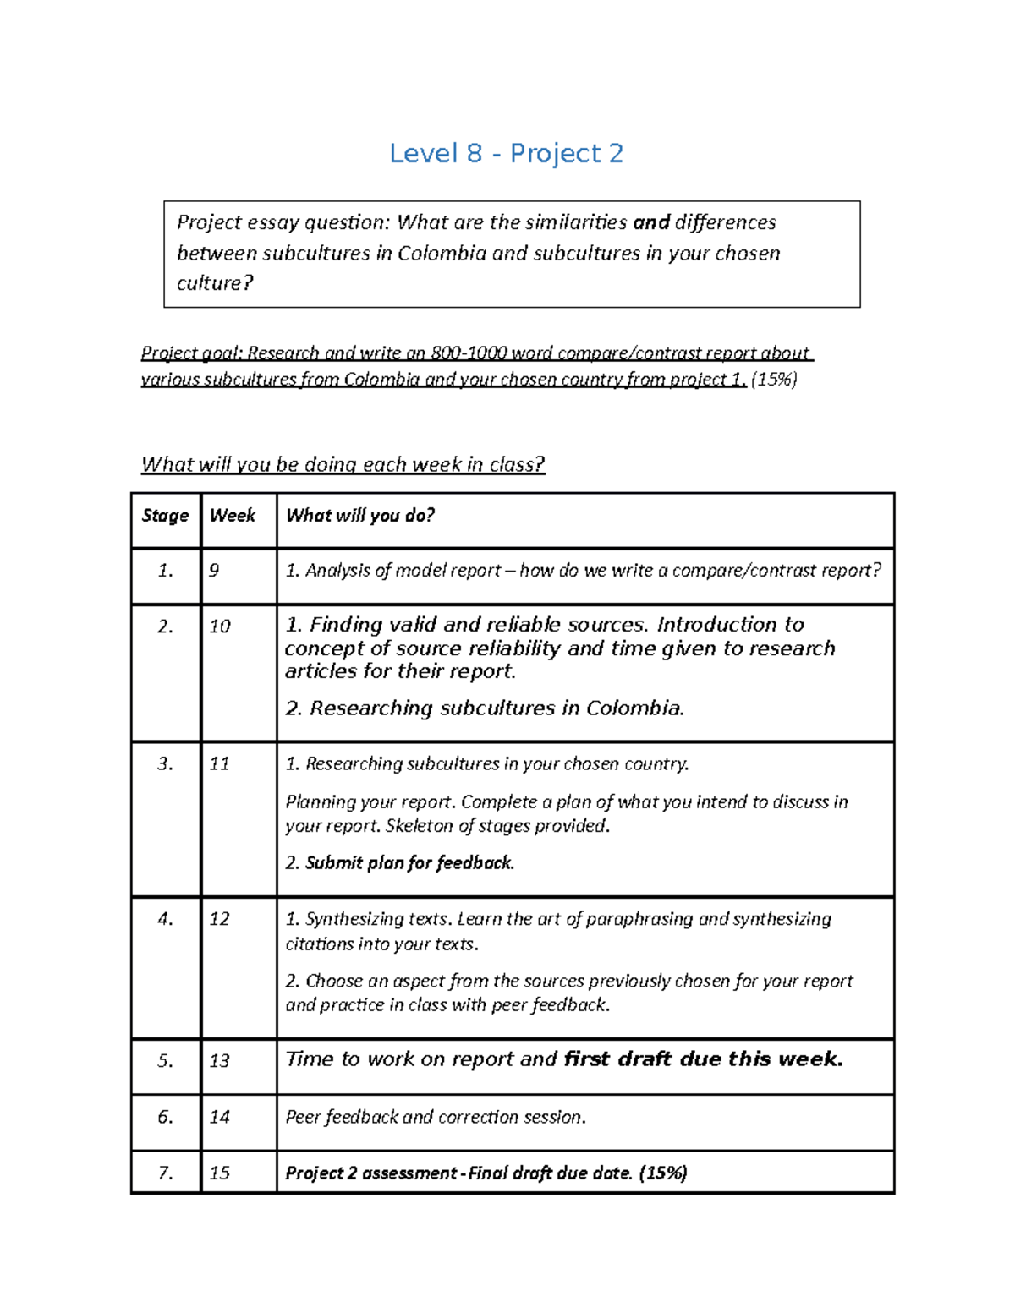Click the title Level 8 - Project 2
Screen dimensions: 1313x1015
pyautogui.click(x=506, y=154)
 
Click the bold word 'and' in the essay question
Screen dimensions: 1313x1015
pyautogui.click(x=650, y=222)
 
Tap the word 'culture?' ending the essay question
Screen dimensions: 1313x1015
pyautogui.click(x=215, y=283)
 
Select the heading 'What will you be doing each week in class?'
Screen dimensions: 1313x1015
pyautogui.click(x=343, y=464)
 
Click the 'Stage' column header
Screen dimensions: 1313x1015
pyautogui.click(x=165, y=516)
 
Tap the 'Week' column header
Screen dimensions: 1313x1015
pyautogui.click(x=233, y=516)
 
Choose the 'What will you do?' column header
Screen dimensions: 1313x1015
pyautogui.click(x=359, y=516)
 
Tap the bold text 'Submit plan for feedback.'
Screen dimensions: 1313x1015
pyautogui.click(x=409, y=863)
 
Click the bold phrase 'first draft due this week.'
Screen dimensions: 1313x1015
pyautogui.click(x=703, y=1059)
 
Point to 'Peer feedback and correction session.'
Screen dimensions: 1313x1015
pyautogui.click(x=435, y=1117)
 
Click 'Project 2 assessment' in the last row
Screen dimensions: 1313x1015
pyautogui.click(x=370, y=1173)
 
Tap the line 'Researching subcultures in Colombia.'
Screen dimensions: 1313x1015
pyautogui.click(x=496, y=708)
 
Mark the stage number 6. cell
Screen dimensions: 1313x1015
pyautogui.click(x=165, y=1117)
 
